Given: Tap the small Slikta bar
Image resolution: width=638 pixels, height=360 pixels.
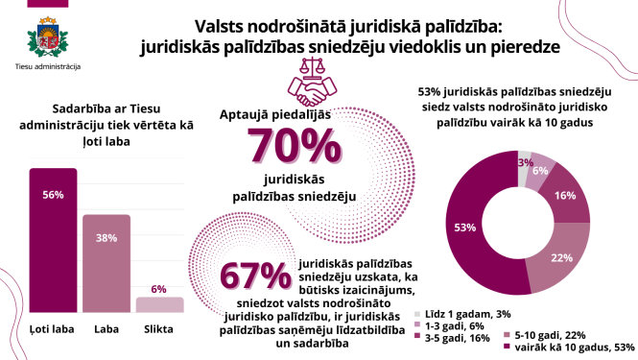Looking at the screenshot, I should coord(158,304).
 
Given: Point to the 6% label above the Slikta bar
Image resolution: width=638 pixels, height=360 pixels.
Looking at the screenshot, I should coord(158,288).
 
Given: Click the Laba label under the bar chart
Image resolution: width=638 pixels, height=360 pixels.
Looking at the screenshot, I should coord(106,331).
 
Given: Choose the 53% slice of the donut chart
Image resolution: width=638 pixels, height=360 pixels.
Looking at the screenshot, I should coord(471,228).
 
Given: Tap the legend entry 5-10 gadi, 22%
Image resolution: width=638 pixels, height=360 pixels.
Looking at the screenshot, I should coord(555,333).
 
